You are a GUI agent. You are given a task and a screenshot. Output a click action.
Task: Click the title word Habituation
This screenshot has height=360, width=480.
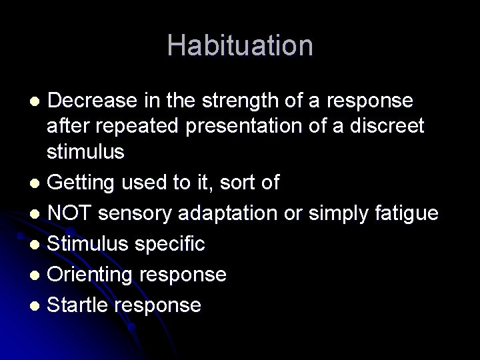(240, 45)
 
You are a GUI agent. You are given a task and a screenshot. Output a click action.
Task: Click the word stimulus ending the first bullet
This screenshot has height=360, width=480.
(85, 151)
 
